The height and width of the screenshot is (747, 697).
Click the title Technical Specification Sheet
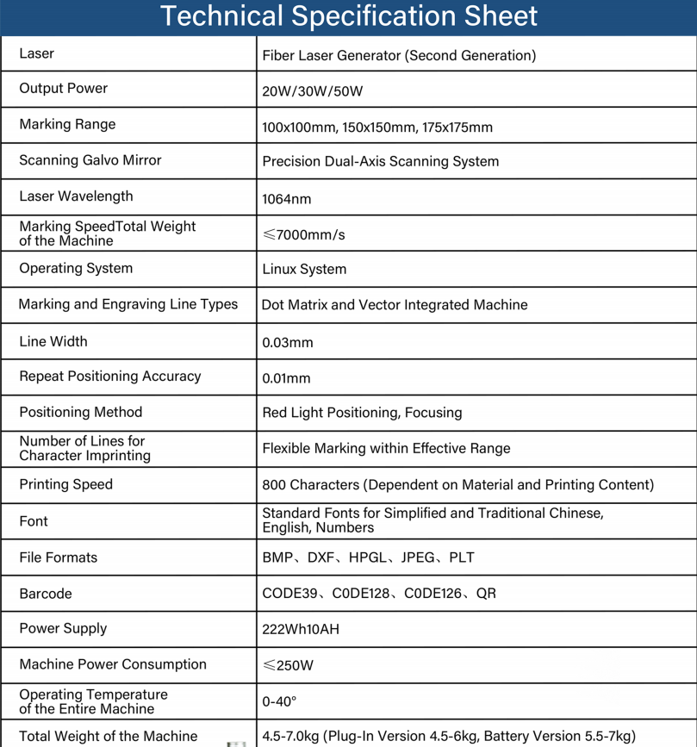pyautogui.click(x=348, y=16)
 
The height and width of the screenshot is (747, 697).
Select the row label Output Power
pyautogui.click(x=63, y=89)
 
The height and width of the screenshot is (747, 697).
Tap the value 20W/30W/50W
pyautogui.click(x=312, y=91)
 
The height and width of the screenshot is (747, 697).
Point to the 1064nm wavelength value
pyautogui.click(x=286, y=199)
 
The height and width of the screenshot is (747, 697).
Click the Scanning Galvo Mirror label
pyautogui.click(x=90, y=160)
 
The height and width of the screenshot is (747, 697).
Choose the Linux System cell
pyautogui.click(x=304, y=270)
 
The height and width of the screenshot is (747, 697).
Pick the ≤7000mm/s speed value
pyautogui.click(x=303, y=234)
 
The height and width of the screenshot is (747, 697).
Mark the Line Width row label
pyautogui.click(x=53, y=341)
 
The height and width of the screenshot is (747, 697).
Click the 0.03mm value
pyautogui.click(x=287, y=343)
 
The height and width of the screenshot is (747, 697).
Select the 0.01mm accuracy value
pyautogui.click(x=286, y=378)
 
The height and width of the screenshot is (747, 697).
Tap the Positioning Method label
pyautogui.click(x=80, y=412)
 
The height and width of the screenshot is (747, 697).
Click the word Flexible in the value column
pyautogui.click(x=289, y=448)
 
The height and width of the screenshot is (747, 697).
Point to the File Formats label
pyautogui.click(x=58, y=557)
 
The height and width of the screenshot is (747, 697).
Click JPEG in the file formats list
pyautogui.click(x=418, y=557)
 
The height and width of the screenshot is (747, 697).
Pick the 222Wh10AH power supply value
pyautogui.click(x=301, y=629)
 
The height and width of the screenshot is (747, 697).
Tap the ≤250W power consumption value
pyautogui.click(x=288, y=665)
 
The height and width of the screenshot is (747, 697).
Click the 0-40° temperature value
pyautogui.click(x=279, y=701)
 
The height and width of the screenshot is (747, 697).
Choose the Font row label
pyautogui.click(x=33, y=521)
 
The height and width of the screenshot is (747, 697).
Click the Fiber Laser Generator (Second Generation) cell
pyautogui.click(x=399, y=56)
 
